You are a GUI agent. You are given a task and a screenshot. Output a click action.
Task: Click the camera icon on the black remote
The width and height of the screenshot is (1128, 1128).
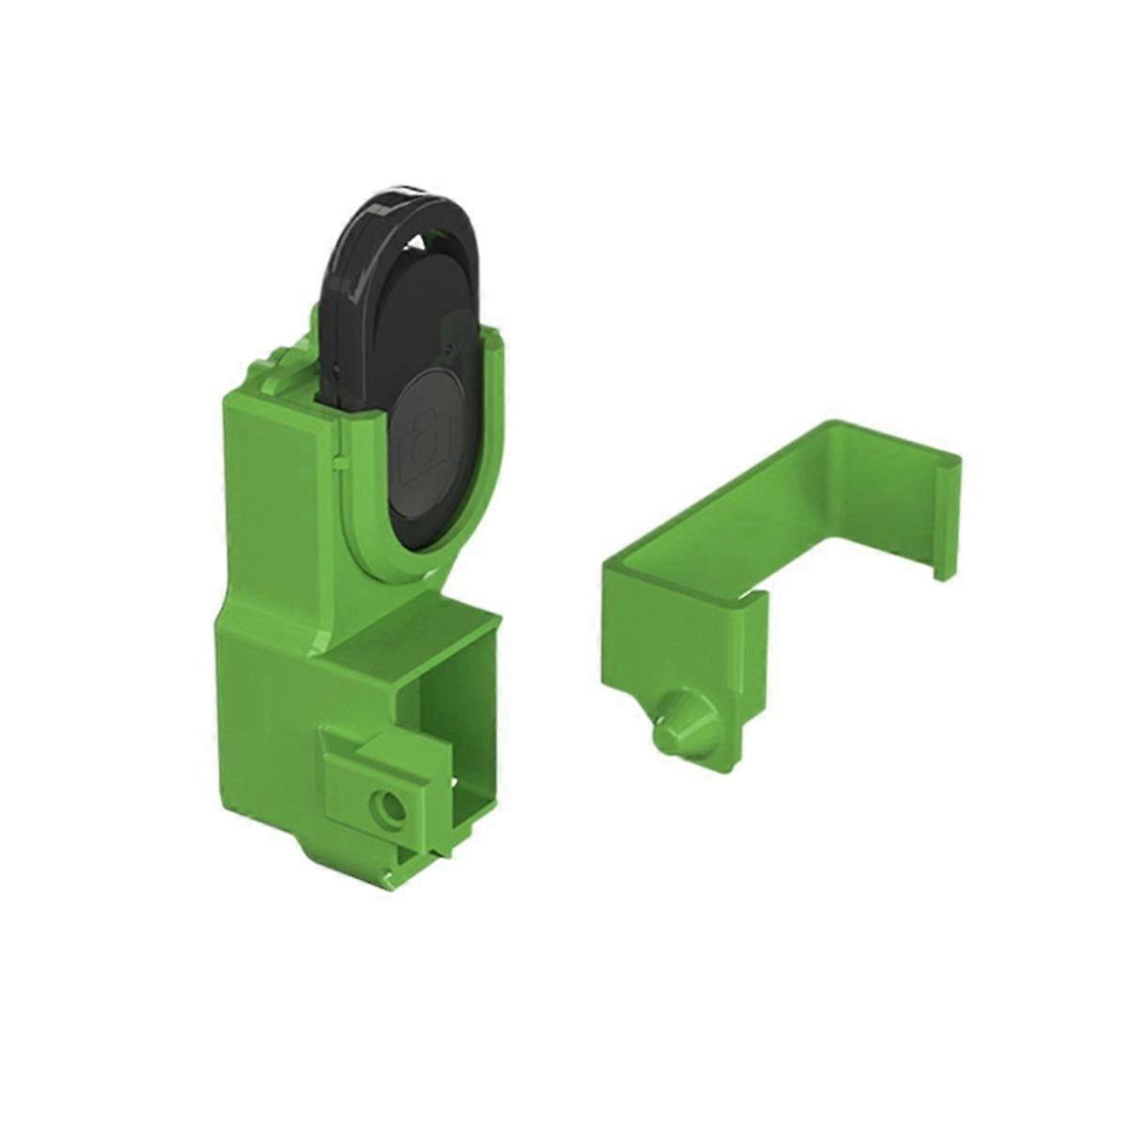[x=429, y=441]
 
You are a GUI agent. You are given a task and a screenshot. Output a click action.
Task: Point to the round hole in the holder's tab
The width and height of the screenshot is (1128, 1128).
[x=385, y=807]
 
